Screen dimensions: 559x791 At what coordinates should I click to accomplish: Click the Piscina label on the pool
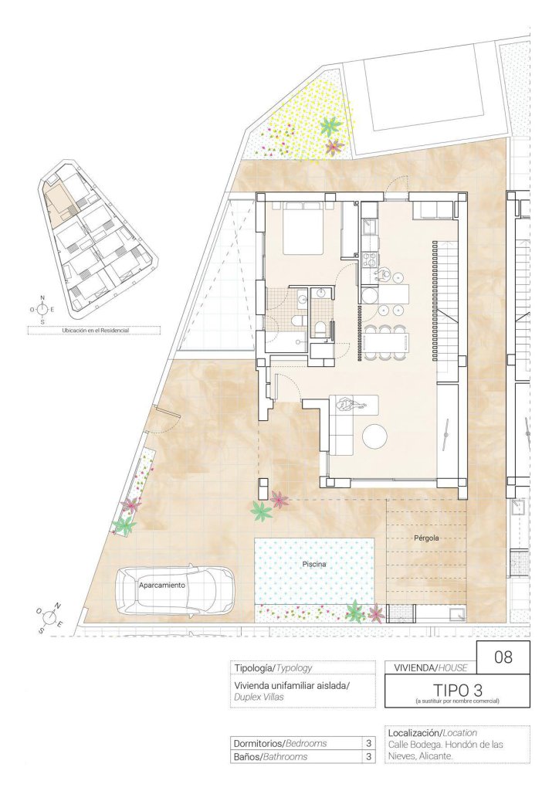(314, 564)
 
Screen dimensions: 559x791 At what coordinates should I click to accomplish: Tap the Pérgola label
(426, 538)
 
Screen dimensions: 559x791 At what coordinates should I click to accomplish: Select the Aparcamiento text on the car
(162, 586)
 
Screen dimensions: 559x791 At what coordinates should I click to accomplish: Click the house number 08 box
(503, 657)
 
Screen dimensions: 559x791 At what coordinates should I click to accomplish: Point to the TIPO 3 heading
(456, 689)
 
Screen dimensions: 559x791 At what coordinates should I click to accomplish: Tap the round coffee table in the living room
(375, 436)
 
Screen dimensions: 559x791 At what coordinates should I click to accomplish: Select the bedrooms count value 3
(368, 743)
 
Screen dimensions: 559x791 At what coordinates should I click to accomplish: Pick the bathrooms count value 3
(368, 757)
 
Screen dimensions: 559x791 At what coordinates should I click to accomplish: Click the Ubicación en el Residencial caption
(95, 331)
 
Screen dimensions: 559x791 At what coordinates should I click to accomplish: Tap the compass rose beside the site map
(42, 309)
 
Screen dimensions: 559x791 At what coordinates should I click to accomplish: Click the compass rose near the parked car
(49, 616)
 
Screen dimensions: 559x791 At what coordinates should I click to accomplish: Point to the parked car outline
(175, 589)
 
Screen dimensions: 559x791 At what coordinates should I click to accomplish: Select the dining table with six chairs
(386, 342)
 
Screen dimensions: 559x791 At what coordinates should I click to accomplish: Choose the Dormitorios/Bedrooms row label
(279, 743)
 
